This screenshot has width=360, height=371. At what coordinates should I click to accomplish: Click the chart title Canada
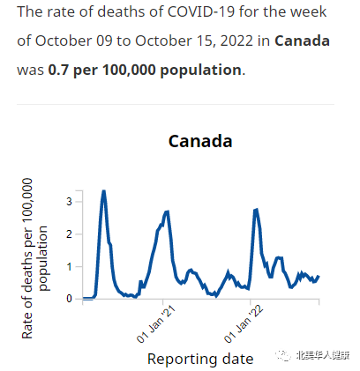coord(200,141)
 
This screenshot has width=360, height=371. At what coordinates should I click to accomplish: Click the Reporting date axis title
coord(200,358)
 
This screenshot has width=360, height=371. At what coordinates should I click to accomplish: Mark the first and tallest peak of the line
coord(104,191)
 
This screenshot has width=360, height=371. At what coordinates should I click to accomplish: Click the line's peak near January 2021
coord(168,211)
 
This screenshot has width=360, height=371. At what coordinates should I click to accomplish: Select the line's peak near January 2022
coord(256,210)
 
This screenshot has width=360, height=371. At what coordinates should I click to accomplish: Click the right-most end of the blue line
coord(318,277)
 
